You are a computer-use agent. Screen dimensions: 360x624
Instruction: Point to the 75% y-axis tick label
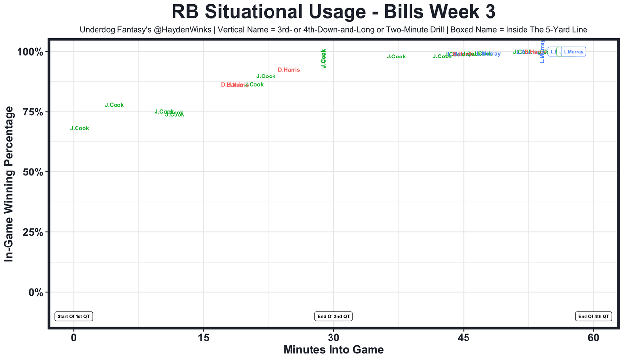(36, 112)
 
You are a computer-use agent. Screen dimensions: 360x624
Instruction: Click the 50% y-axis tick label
(36, 172)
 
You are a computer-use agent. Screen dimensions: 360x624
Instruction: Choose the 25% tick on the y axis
(36, 232)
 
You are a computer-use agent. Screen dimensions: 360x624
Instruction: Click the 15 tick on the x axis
(204, 337)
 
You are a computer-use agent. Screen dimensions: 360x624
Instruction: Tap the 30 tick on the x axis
(333, 337)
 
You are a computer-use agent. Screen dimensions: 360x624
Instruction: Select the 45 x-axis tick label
(464, 337)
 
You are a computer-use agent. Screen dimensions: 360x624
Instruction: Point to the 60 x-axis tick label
(593, 337)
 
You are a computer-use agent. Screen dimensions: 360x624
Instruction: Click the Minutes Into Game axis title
(333, 350)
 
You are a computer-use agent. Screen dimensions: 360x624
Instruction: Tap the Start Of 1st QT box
(74, 316)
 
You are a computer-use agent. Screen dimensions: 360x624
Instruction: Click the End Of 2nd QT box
(333, 316)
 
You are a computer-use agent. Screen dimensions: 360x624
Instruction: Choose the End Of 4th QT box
(593, 316)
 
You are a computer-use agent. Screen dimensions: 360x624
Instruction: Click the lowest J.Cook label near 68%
(79, 128)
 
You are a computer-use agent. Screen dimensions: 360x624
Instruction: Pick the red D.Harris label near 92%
(289, 70)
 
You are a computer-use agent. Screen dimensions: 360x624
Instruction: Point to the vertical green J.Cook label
(323, 58)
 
